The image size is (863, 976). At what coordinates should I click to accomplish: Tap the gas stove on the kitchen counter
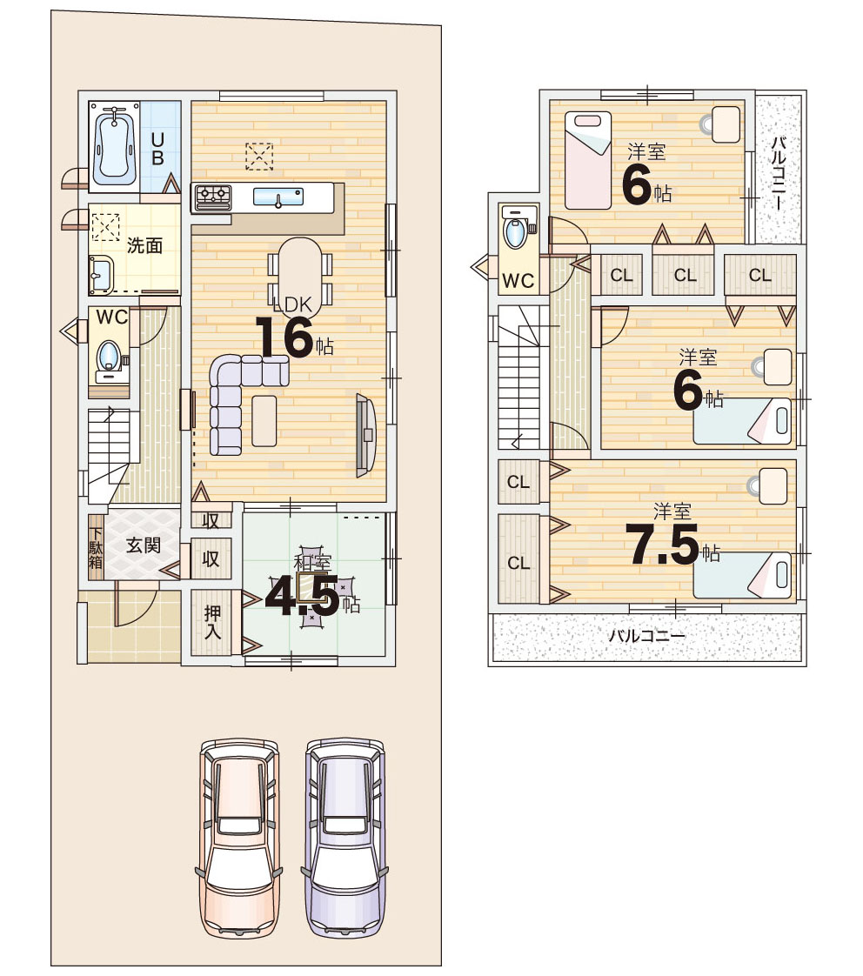(213, 198)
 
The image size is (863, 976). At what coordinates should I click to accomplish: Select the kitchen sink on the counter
(278, 197)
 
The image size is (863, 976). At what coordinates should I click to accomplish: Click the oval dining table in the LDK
(301, 272)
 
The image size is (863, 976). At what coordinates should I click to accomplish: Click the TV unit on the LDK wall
(365, 435)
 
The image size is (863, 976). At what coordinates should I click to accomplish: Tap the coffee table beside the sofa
(264, 421)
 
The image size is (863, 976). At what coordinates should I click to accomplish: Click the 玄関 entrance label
(144, 545)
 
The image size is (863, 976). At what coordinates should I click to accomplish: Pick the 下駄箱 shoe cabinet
(96, 548)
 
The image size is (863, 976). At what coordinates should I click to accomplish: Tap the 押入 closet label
(212, 622)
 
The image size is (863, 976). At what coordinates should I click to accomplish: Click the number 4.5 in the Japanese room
(302, 597)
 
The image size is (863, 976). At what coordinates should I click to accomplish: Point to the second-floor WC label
(518, 281)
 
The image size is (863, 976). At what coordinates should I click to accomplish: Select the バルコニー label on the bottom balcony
(647, 636)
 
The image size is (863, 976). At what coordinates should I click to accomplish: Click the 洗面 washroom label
(144, 245)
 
